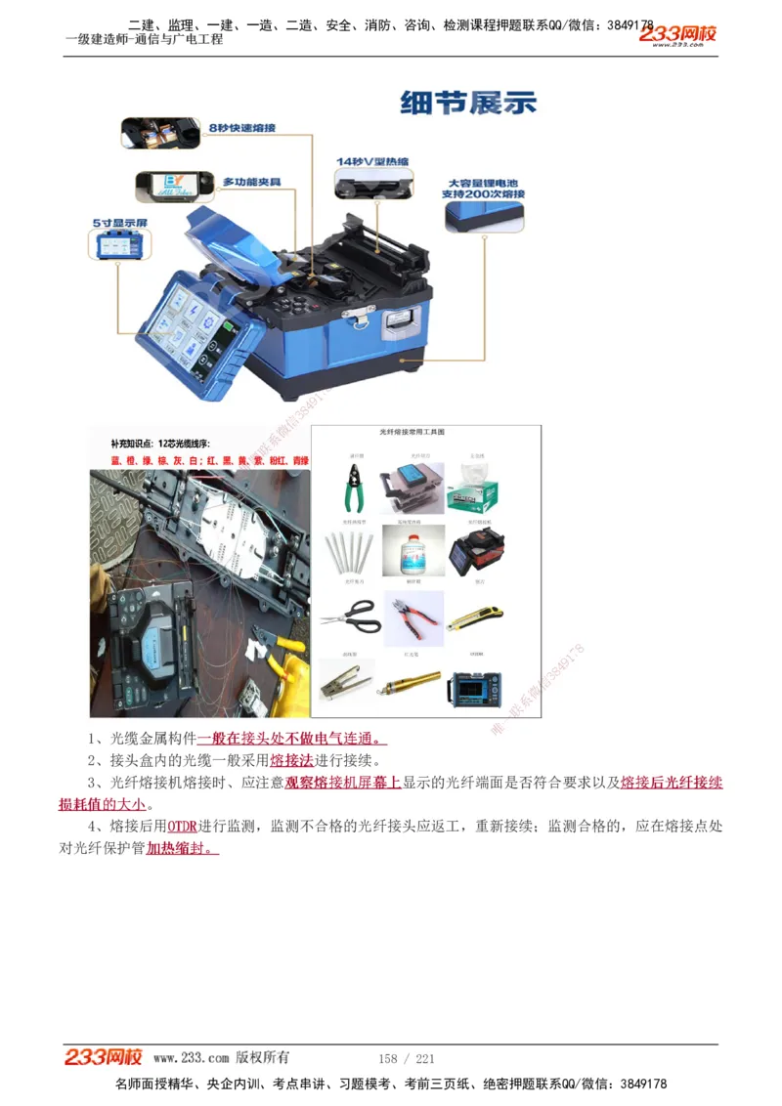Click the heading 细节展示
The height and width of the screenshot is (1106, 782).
coord(468,103)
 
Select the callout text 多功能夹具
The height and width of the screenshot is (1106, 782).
coord(251,182)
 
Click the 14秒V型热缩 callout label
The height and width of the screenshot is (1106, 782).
coord(372,160)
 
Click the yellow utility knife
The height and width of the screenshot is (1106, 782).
coord(476,617)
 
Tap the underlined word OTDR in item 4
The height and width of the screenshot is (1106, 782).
coord(182,827)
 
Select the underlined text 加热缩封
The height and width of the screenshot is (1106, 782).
coord(182,849)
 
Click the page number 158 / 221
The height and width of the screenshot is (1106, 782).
coord(406,1059)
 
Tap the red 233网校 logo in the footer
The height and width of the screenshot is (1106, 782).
coord(104,1057)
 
